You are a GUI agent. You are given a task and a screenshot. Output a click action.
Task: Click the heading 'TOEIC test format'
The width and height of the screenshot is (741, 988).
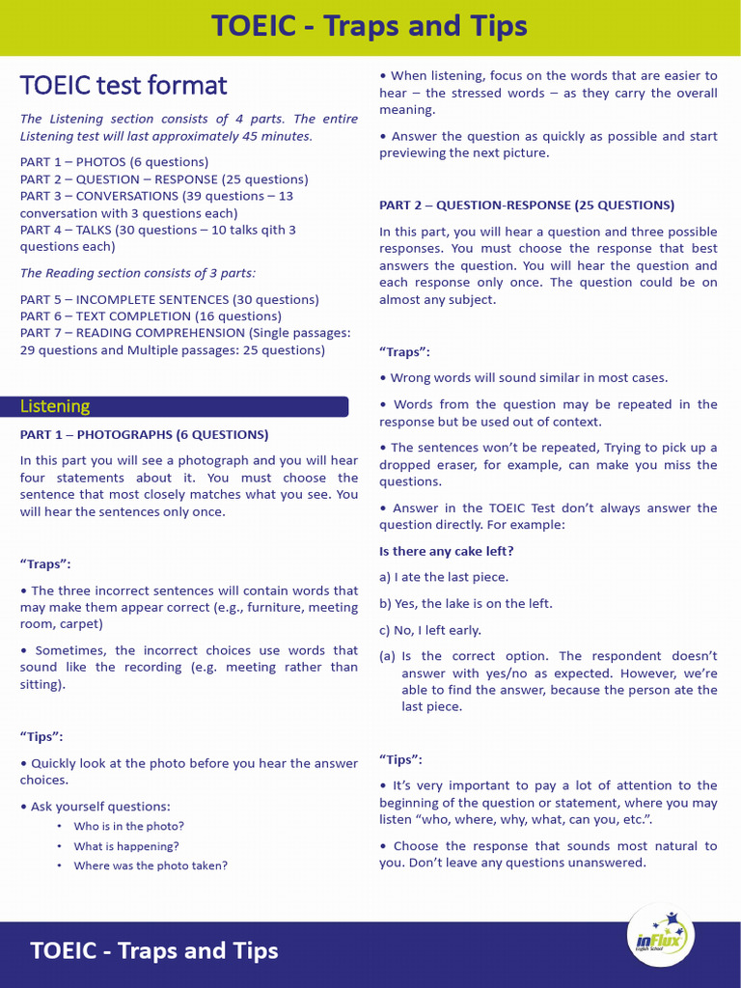click(x=123, y=86)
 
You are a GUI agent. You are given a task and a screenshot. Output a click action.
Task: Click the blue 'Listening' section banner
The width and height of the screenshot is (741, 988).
click(x=183, y=406)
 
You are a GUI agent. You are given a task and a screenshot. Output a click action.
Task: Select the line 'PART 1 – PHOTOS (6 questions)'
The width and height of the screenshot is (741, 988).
click(x=114, y=162)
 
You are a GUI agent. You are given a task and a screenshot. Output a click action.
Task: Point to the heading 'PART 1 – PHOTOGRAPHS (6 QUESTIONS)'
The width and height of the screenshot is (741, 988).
click(x=145, y=434)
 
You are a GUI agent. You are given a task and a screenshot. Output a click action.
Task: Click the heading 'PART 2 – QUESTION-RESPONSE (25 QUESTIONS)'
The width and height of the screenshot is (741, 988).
click(x=527, y=205)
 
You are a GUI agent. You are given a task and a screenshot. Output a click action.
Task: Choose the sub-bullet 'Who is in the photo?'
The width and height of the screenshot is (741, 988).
click(x=128, y=826)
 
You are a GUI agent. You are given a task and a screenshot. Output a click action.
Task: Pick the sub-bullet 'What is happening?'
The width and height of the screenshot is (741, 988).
click(x=126, y=846)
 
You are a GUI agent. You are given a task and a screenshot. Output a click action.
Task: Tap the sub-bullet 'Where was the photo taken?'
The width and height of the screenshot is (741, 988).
click(x=151, y=865)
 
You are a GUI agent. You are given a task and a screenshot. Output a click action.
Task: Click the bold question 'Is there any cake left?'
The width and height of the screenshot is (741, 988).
click(x=447, y=551)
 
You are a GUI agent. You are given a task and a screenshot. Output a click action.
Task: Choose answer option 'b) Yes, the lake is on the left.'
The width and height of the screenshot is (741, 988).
click(x=466, y=603)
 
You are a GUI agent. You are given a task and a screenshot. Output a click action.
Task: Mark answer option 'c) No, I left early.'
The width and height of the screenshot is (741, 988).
click(x=430, y=629)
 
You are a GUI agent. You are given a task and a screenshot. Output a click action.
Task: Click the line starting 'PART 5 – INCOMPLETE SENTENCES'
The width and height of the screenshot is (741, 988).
click(x=170, y=299)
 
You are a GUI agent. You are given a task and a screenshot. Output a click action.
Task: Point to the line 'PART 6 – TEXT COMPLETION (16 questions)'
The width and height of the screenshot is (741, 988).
click(x=151, y=316)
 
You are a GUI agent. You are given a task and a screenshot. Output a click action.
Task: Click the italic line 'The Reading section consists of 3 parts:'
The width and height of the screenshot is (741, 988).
click(x=138, y=273)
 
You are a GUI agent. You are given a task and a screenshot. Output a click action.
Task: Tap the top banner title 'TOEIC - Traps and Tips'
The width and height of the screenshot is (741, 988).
click(x=370, y=26)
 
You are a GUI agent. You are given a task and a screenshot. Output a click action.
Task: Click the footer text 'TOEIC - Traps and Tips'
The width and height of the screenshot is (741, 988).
click(x=154, y=950)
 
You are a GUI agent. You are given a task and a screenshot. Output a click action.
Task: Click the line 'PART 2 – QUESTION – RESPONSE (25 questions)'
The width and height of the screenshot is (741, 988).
click(x=164, y=179)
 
